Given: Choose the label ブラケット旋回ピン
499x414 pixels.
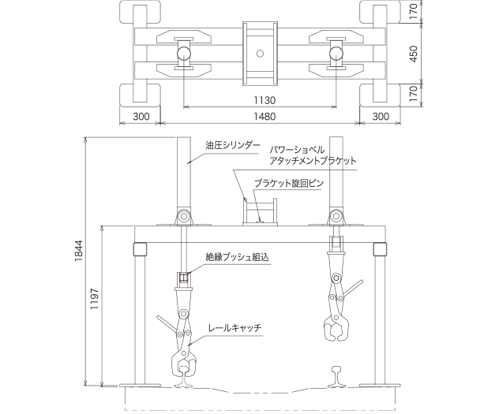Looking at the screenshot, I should click(287, 183).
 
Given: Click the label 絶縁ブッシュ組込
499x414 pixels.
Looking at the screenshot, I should click(238, 256).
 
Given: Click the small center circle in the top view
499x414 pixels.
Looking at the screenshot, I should click(260, 54).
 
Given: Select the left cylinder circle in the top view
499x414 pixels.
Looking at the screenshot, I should click(184, 54).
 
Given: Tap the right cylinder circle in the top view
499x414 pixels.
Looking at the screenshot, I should click(336, 54).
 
